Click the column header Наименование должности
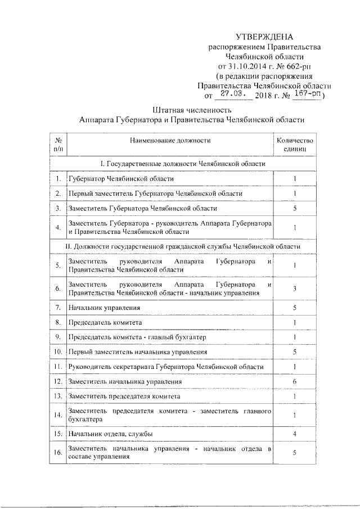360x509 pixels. tap(169, 140)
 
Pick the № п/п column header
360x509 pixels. tap(58, 145)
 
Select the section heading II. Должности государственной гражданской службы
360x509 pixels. tap(183, 246)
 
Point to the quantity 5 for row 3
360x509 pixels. tap(295, 209)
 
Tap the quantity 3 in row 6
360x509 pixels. tap(295, 289)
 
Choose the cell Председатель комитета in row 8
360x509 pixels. tap(105, 323)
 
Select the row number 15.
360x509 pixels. tap(58, 434)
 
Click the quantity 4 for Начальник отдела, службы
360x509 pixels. tap(295, 434)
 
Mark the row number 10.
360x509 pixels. tap(58, 352)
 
